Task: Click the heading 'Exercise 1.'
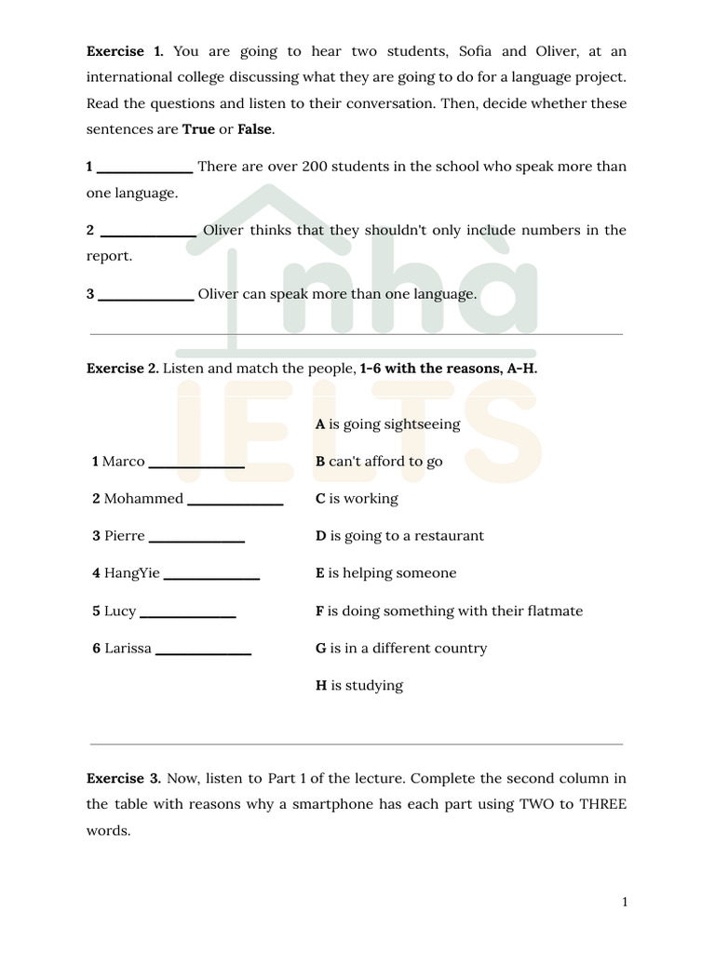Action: (125, 51)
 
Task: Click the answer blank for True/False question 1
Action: (144, 168)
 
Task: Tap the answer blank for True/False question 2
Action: (147, 232)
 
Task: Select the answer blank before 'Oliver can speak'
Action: (145, 295)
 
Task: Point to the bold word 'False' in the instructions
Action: (255, 129)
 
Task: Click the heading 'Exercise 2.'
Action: (123, 369)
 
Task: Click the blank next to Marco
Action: (196, 463)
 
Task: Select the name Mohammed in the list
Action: (143, 499)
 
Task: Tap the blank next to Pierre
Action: (196, 537)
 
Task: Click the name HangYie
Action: (132, 573)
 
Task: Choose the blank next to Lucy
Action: (187, 612)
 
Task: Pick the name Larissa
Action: (127, 648)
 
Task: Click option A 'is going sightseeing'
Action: (387, 424)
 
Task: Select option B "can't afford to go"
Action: (379, 462)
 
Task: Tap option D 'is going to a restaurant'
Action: (399, 536)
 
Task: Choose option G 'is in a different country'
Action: (400, 648)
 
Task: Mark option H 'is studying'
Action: (359, 685)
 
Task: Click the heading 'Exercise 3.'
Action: (124, 777)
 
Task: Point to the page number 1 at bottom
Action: (625, 902)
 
